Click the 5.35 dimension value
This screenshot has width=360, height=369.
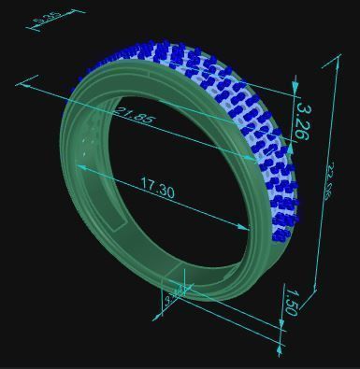(48, 17)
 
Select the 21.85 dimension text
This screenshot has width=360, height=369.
(135, 117)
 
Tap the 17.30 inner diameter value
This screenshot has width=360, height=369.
(158, 190)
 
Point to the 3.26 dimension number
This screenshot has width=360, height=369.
(301, 121)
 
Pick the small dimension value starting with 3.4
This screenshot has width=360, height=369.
(175, 298)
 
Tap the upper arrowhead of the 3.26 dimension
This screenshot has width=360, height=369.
(295, 89)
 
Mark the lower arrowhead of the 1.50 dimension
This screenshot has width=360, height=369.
(280, 351)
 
